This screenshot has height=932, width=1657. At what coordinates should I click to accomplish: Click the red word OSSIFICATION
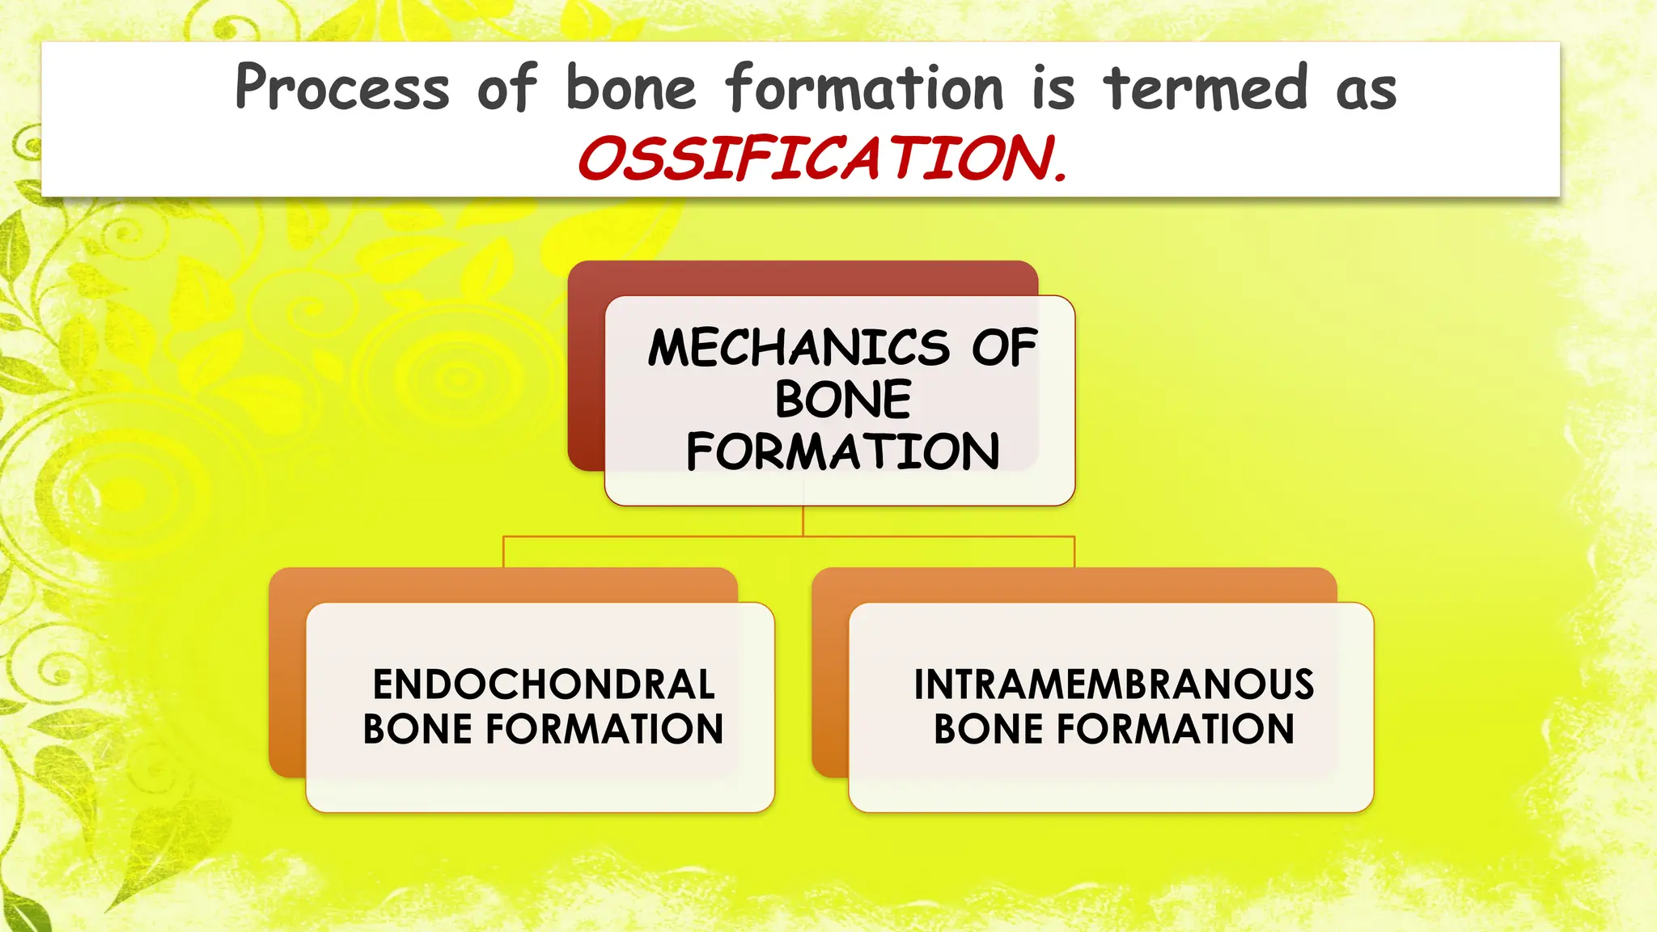[x=822, y=159]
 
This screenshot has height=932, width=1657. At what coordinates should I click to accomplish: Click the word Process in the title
[x=341, y=87]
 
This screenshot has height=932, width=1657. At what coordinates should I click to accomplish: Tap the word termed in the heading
[x=1206, y=87]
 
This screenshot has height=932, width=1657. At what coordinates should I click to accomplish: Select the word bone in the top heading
[x=630, y=87]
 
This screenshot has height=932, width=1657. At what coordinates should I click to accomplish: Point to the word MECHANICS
[x=799, y=348]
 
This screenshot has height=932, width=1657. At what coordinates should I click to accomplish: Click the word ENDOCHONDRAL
[x=544, y=684]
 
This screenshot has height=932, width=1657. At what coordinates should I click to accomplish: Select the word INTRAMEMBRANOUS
[x=1113, y=684]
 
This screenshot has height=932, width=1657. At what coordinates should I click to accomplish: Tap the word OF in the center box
[x=1004, y=348]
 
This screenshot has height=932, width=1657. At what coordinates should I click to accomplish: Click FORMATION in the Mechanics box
[x=842, y=451]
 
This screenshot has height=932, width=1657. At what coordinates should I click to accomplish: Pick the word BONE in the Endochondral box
[x=417, y=729]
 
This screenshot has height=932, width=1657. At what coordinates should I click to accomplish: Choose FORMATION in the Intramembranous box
[x=1175, y=729]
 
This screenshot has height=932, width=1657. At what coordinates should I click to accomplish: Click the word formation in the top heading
[x=864, y=87]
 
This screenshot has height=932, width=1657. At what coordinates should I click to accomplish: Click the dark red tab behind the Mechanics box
[x=801, y=277]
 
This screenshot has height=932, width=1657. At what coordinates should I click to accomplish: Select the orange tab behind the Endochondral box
[x=502, y=585]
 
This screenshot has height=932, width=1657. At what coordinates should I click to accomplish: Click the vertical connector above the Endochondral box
[x=503, y=552]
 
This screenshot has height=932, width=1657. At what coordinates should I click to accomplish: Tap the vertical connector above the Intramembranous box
[x=1074, y=552]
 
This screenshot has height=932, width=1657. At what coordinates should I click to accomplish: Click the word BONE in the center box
[x=842, y=400]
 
